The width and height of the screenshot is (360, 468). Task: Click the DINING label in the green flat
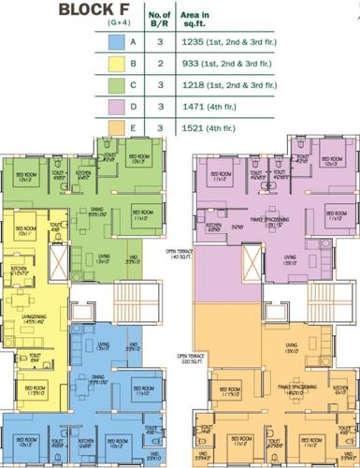tap(96, 210)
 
